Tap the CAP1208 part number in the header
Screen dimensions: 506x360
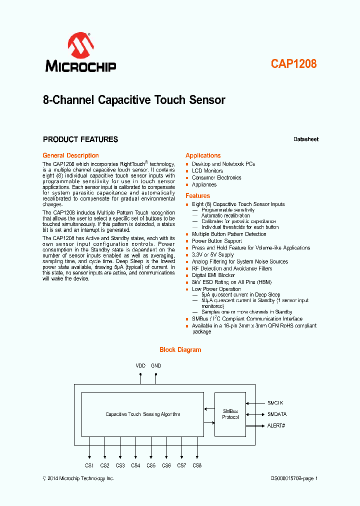[x=293, y=64]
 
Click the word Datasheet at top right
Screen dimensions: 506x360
[x=305, y=139]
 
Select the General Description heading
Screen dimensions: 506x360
[x=70, y=155]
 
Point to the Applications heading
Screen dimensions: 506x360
[x=203, y=155]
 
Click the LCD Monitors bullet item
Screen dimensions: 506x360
[x=207, y=171]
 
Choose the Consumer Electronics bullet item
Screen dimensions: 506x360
[x=216, y=178]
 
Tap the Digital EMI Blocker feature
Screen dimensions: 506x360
[x=213, y=275]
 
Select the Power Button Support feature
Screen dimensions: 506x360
[x=216, y=241]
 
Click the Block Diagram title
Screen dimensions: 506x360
[x=180, y=350]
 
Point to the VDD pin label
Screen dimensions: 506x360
[x=140, y=366]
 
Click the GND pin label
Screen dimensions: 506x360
[x=156, y=366]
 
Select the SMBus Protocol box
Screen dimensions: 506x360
[x=230, y=414]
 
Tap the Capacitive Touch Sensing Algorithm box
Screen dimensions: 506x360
[x=142, y=414]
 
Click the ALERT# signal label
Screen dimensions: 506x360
[x=276, y=425]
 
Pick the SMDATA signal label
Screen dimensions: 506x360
[x=277, y=414]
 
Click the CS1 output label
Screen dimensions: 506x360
[x=89, y=465]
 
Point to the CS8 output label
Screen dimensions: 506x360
[x=197, y=465]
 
